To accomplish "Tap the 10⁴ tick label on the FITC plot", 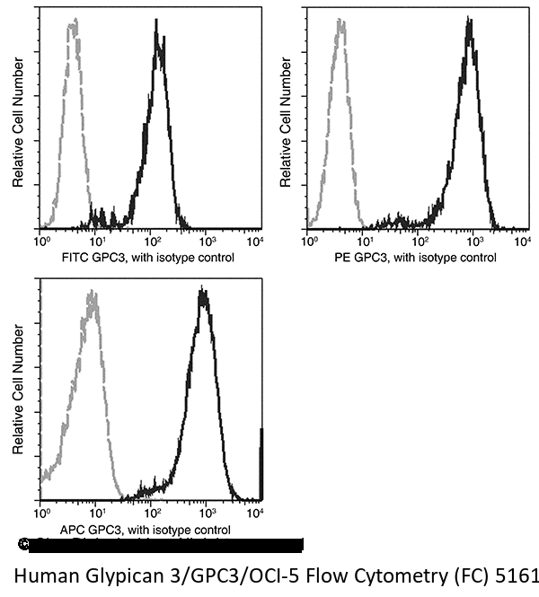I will pos(255,242).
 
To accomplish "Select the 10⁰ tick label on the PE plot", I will pos(309,242).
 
